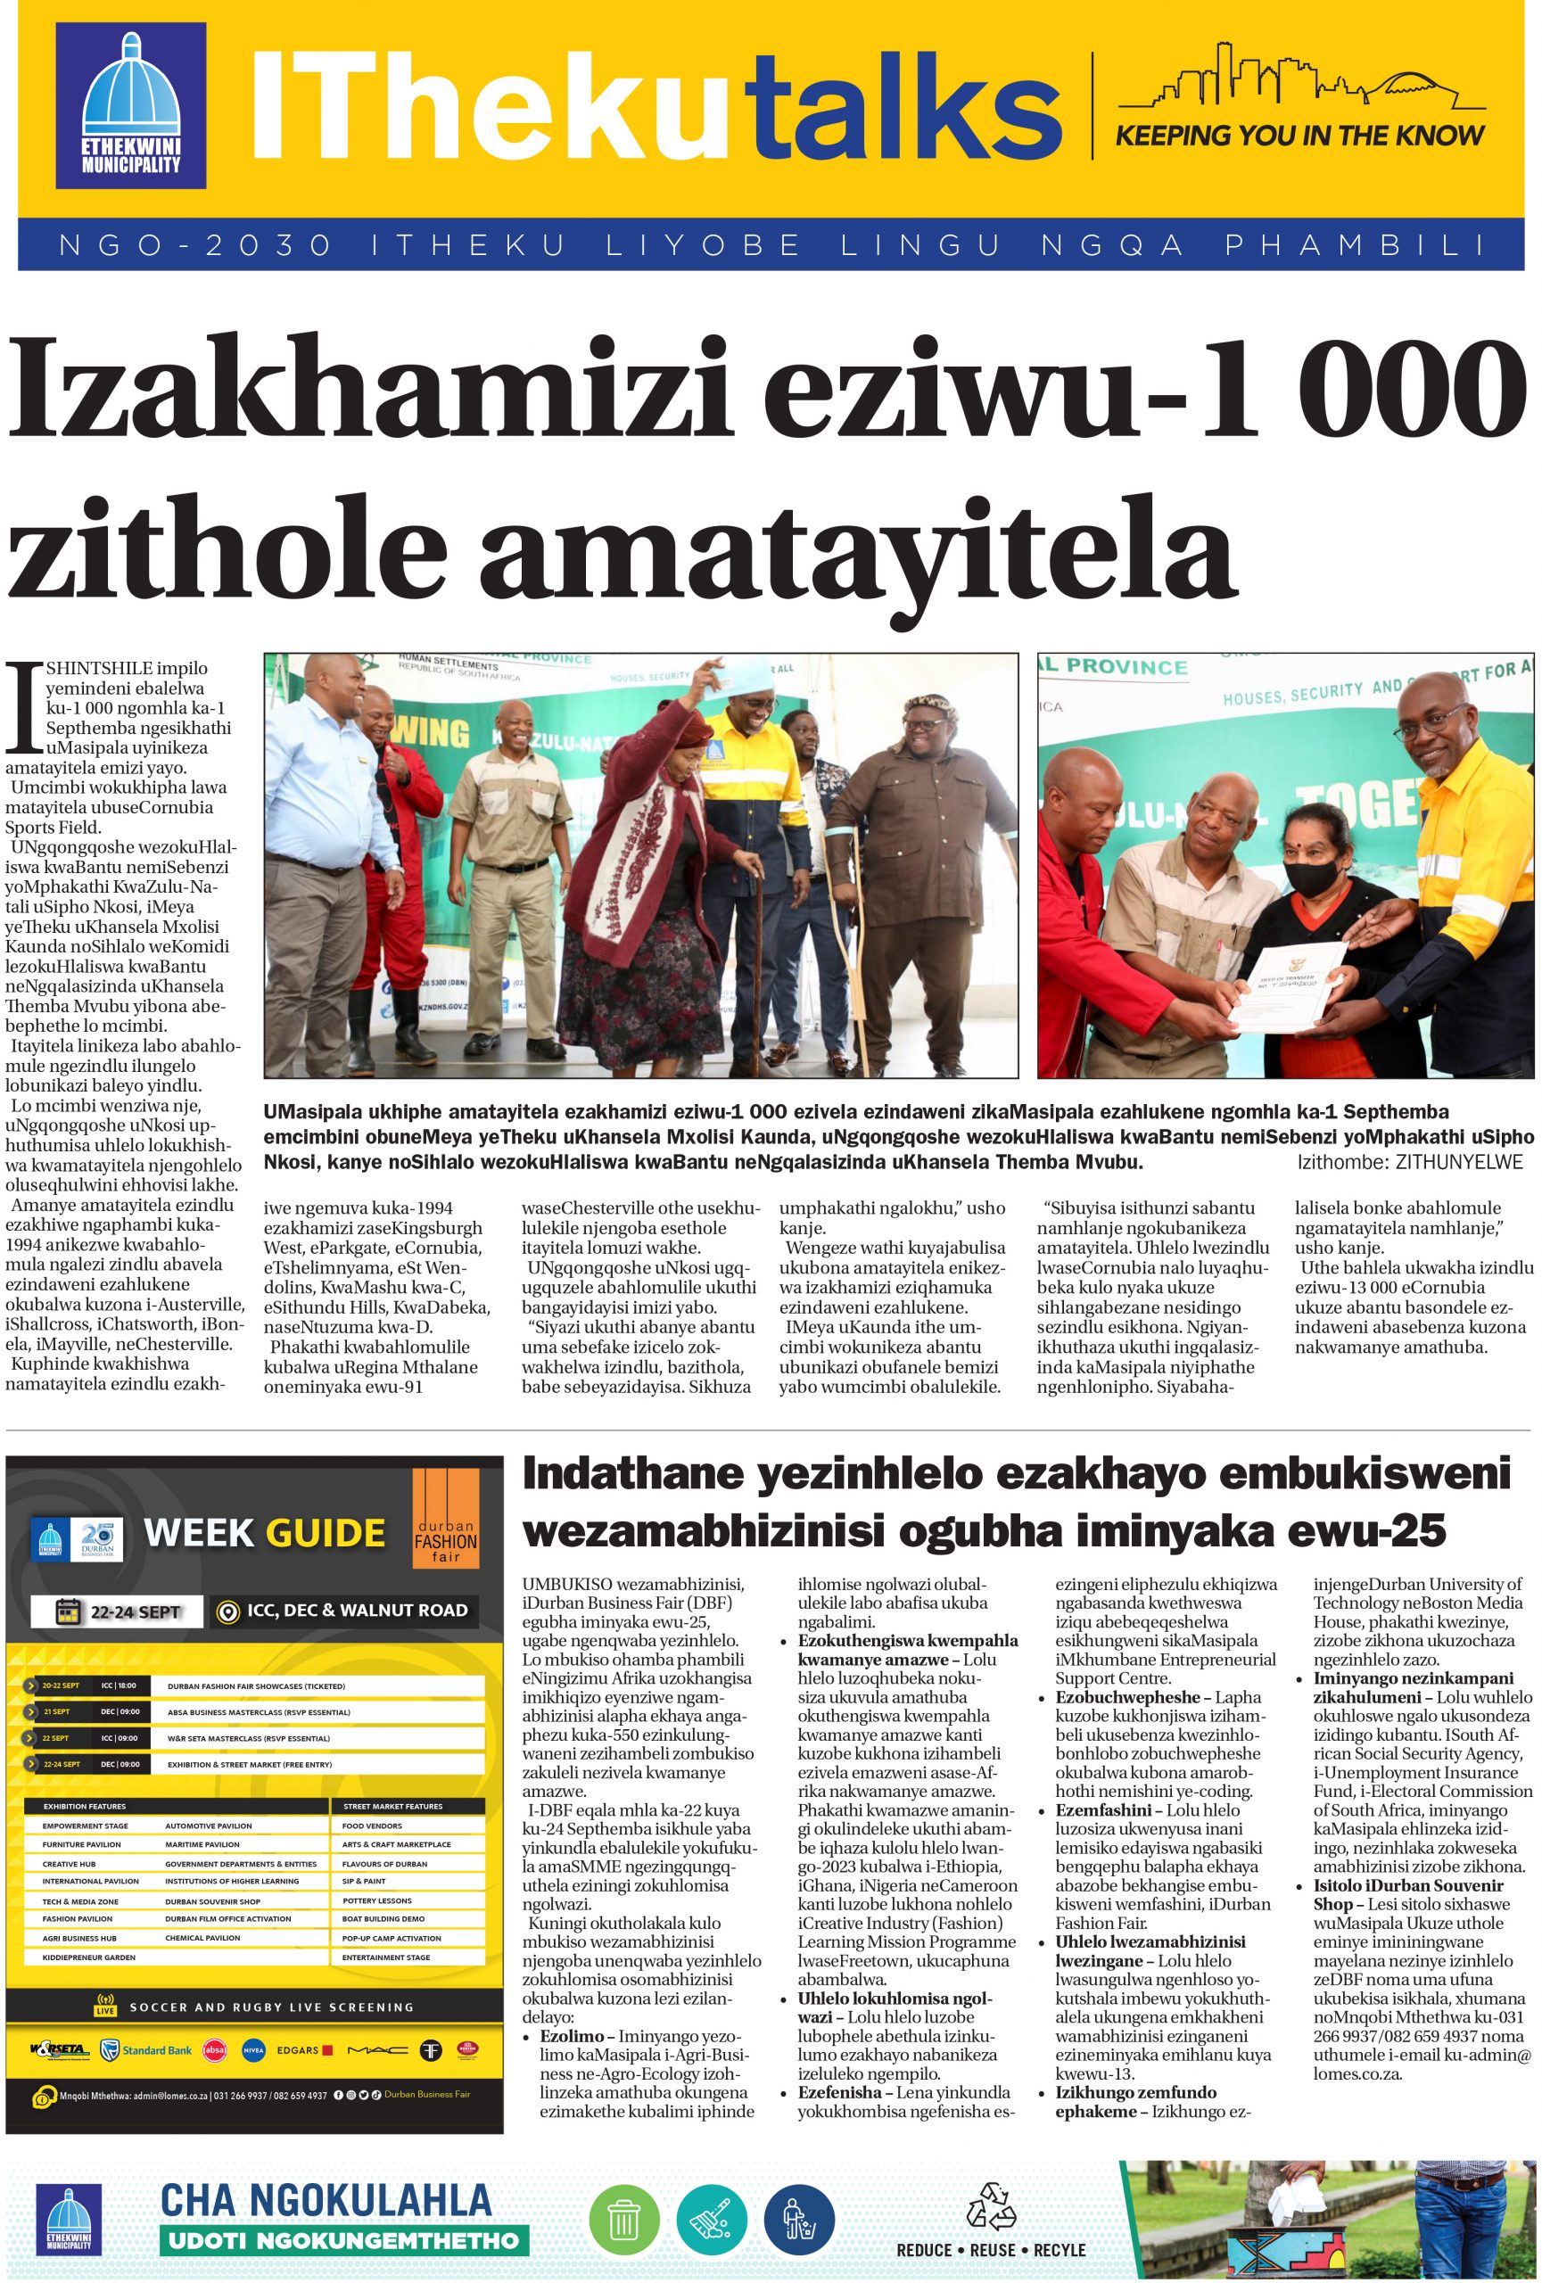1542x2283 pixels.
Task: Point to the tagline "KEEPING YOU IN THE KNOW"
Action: (x=1299, y=135)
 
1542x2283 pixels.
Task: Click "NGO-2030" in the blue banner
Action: (x=195, y=245)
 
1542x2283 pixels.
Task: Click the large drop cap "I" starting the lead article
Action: (x=26, y=705)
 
